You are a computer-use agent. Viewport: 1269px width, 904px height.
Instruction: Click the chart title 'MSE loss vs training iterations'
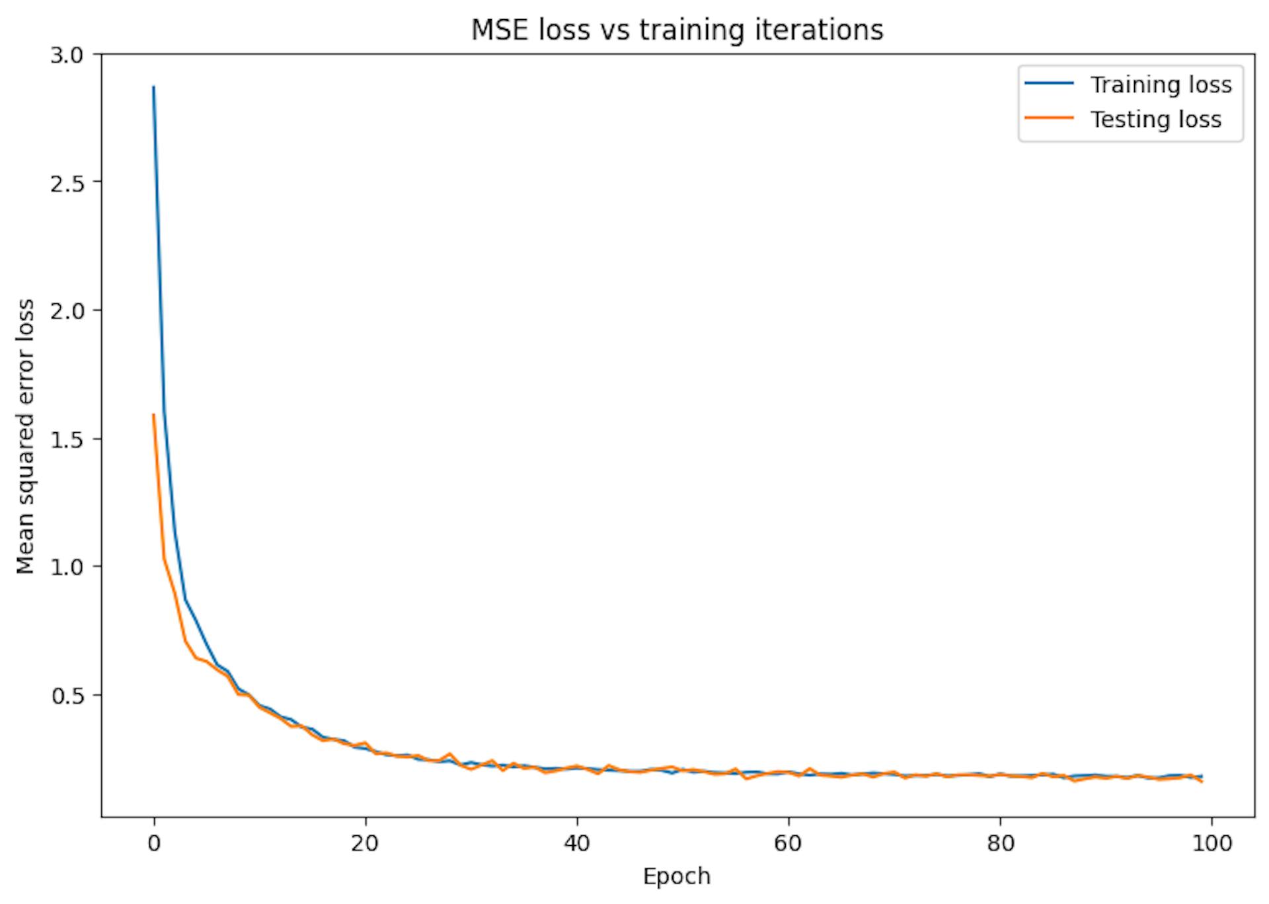[x=677, y=30]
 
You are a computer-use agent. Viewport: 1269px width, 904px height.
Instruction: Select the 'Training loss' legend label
[x=1161, y=85]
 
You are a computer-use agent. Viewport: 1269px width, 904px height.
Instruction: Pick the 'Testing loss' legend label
[x=1155, y=120]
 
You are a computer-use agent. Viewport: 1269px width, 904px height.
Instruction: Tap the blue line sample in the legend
[x=1049, y=84]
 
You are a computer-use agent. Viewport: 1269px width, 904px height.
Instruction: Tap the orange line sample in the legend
[x=1049, y=118]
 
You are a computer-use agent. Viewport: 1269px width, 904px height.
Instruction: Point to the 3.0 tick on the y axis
[x=67, y=55]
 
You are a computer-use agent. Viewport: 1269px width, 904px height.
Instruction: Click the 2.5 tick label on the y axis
[x=67, y=183]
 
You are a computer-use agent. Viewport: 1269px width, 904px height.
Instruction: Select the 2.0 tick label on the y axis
[x=67, y=311]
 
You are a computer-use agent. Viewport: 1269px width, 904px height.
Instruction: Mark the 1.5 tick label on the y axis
[x=67, y=439]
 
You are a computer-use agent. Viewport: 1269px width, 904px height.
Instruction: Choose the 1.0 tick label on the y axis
[x=67, y=567]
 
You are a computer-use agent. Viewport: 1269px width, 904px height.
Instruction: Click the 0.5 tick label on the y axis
[x=67, y=695]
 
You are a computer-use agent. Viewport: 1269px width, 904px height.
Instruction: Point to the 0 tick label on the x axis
[x=154, y=844]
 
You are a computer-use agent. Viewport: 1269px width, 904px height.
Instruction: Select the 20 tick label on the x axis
[x=365, y=844]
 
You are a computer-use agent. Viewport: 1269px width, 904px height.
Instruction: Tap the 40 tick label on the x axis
[x=577, y=844]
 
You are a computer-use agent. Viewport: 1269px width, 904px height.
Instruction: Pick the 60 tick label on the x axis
[x=788, y=844]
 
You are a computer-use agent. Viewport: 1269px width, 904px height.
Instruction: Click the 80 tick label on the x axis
[x=1000, y=844]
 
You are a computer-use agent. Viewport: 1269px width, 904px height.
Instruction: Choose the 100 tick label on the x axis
[x=1211, y=844]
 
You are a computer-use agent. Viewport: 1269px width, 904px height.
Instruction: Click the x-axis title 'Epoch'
[x=677, y=877]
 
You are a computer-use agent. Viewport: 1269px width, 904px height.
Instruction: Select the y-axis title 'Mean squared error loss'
[x=26, y=436]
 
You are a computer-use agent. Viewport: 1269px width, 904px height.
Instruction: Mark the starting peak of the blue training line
[x=154, y=87]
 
